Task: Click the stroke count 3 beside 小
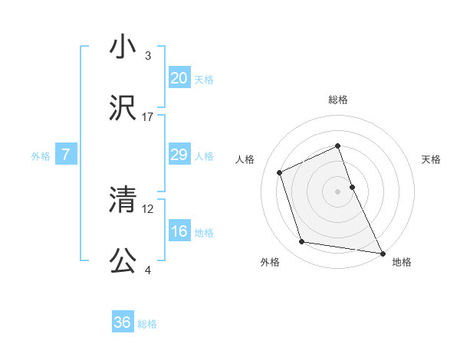click(x=148, y=56)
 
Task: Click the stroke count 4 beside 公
click(x=148, y=270)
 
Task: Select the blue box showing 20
click(x=179, y=78)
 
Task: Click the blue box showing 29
click(x=179, y=155)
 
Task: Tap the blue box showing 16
click(x=179, y=231)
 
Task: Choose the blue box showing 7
click(x=66, y=155)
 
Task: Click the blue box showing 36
click(x=123, y=322)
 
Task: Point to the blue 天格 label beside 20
click(x=203, y=80)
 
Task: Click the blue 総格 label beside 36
click(x=147, y=324)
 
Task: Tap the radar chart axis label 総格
click(x=338, y=100)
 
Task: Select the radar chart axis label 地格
click(x=402, y=262)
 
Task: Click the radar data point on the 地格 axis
click(x=382, y=253)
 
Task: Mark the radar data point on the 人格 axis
click(x=281, y=172)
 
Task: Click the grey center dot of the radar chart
click(x=338, y=191)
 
